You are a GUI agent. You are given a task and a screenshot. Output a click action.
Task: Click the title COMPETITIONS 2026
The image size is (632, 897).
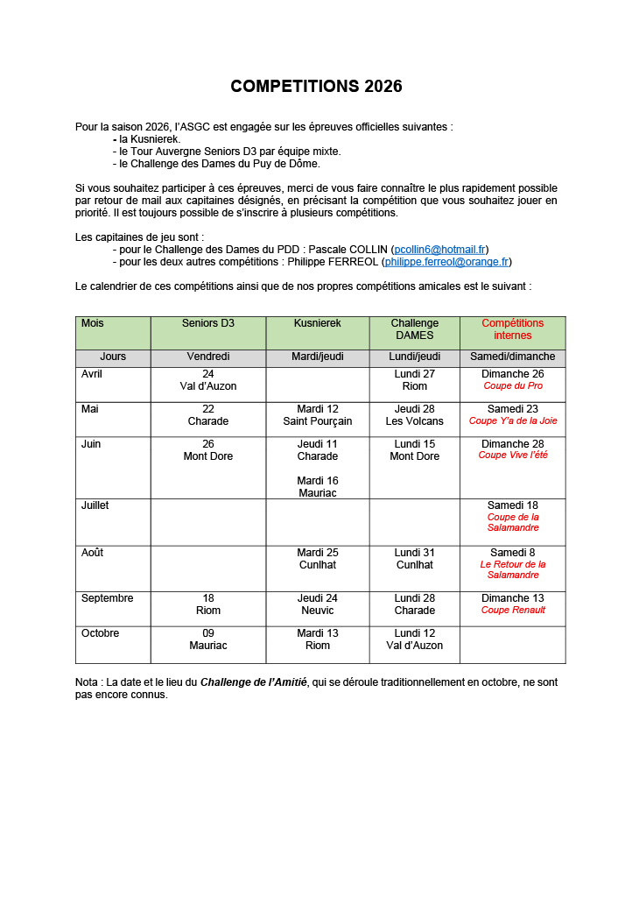316,86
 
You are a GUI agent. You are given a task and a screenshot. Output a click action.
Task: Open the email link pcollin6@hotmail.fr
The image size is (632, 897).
440,250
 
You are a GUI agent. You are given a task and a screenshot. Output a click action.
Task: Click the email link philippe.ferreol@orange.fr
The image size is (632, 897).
446,262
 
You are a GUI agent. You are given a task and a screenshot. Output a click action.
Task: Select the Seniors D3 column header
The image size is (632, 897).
208,323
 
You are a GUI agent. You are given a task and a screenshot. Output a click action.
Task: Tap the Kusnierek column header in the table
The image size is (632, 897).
318,323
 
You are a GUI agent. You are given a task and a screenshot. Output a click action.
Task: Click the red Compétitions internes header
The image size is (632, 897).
512,329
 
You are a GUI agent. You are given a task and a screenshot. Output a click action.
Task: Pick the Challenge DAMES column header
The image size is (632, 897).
415,329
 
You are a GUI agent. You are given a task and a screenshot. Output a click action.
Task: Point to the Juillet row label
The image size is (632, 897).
95,505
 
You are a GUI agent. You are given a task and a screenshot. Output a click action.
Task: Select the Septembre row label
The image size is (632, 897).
108,598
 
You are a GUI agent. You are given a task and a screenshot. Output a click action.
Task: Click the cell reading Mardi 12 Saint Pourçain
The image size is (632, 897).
318,415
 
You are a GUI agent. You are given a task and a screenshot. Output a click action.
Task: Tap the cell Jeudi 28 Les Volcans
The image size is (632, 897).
415,415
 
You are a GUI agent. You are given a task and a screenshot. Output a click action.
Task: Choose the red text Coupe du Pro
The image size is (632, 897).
513,385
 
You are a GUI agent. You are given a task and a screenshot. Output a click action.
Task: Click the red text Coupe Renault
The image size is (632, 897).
513,610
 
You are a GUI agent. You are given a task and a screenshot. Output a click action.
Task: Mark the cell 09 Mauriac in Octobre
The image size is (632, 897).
208,639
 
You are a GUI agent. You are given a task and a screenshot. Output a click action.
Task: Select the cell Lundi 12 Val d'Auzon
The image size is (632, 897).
415,639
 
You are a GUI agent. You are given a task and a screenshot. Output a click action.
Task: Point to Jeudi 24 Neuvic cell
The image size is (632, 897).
318,604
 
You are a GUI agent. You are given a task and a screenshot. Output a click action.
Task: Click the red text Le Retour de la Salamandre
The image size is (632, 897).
513,569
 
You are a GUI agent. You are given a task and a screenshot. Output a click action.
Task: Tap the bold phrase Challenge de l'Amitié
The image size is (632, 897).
254,682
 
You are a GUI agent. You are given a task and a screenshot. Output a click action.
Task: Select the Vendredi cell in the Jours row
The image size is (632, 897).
208,357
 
